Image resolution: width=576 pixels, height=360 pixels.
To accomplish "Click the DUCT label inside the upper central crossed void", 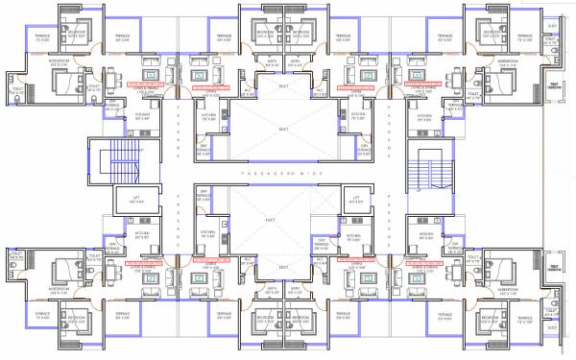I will point(283,128).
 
